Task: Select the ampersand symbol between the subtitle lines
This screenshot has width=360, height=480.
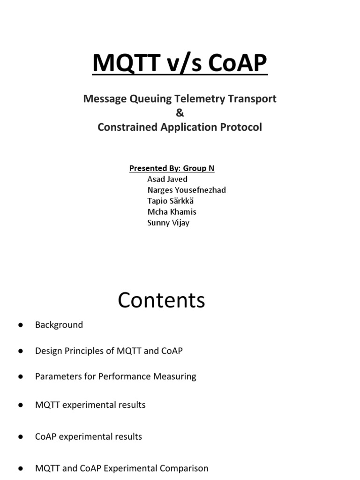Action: pos(180,113)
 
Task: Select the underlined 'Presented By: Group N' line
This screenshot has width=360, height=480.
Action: pos(172,168)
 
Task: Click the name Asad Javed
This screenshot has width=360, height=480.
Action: pos(168,179)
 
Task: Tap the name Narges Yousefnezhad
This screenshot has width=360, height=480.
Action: pos(187,190)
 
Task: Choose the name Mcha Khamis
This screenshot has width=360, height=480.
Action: pos(172,211)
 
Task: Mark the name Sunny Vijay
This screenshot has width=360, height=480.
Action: pos(168,222)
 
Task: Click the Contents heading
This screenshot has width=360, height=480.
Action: pos(161,300)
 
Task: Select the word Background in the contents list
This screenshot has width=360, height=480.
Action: pos(59,324)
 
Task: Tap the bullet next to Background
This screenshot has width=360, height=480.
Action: pos(21,325)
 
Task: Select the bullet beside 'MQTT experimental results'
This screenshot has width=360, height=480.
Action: pos(21,405)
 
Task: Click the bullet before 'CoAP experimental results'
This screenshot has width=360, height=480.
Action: pos(21,437)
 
